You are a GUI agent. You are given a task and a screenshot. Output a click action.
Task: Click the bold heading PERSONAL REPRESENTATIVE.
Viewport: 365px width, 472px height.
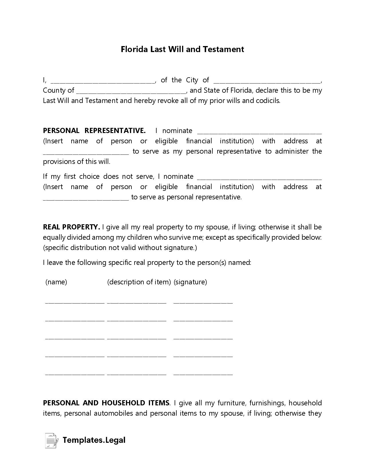[94, 131]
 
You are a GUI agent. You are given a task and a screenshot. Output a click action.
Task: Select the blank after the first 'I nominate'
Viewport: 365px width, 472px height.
[259, 132]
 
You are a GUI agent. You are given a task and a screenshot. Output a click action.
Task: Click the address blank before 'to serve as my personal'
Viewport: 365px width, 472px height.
[86, 152]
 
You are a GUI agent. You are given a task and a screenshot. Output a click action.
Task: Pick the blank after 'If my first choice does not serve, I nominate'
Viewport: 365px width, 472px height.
[259, 177]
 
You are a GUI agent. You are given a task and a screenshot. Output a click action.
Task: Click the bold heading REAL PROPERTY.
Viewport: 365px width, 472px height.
[71, 227]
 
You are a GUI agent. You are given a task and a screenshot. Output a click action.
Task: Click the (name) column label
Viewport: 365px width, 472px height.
[56, 282]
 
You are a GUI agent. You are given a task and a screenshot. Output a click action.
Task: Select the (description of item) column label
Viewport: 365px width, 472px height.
[139, 282]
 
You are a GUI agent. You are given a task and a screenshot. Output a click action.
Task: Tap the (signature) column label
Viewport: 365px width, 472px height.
[190, 282]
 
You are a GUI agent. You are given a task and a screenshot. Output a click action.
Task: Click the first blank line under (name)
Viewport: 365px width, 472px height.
[75, 302]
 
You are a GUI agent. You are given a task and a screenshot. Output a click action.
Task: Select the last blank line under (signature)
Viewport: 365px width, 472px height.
[203, 373]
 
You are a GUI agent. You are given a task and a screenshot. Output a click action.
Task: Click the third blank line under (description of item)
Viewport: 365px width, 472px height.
[137, 338]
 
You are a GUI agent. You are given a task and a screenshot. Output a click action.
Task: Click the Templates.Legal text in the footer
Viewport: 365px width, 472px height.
[94, 440]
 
